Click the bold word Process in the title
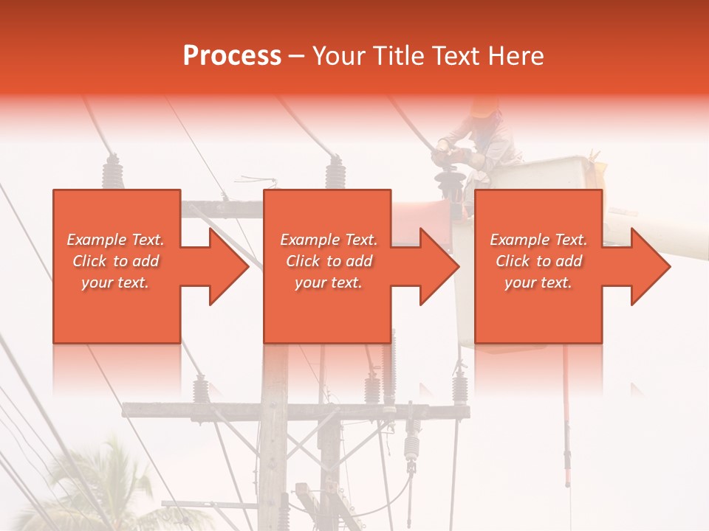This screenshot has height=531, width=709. tap(232, 56)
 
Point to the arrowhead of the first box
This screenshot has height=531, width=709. tap(229, 266)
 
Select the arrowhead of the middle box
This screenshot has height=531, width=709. tap(439, 266)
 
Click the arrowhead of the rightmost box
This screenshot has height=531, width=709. tap(651, 266)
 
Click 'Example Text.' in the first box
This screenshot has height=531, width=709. tap(116, 240)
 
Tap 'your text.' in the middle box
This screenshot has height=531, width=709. tap(329, 282)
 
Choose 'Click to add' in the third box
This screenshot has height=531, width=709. tap(539, 261)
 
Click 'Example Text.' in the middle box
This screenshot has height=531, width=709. tap(329, 240)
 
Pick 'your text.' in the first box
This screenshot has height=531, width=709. tap(116, 282)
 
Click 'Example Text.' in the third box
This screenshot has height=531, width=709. tap(539, 240)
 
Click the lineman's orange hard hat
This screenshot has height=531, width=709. tap(484, 108)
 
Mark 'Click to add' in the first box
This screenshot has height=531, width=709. tap(116, 261)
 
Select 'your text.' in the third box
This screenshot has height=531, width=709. tap(539, 282)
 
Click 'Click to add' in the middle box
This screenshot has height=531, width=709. tap(329, 261)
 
